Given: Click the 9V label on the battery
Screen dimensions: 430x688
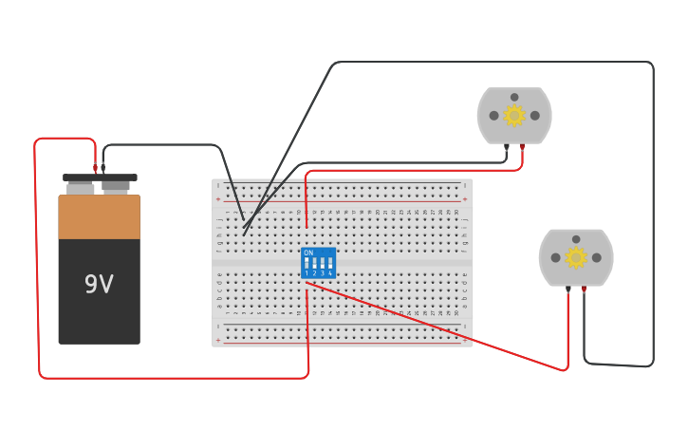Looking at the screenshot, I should coord(99,285).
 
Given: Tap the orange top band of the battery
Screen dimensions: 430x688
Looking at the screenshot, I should coord(99,216).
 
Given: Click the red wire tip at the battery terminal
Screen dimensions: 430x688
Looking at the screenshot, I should coord(95,168).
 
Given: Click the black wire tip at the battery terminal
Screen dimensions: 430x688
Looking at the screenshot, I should coord(103,168).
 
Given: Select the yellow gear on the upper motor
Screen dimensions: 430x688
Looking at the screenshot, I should coord(514,116).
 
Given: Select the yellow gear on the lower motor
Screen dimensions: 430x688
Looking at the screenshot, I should coord(576,257).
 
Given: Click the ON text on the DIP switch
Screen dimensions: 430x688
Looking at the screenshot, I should coord(308,252).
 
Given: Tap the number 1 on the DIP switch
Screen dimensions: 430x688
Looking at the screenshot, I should coord(307,273).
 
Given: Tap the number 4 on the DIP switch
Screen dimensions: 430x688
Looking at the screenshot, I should coord(330,273).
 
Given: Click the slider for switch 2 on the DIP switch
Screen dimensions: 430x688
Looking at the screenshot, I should coord(314,263).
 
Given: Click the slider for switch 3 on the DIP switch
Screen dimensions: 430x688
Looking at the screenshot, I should coord(323,263).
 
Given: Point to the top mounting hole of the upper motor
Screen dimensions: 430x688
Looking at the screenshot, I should coord(514,97).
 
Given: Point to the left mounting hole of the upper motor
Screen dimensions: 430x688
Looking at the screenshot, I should coord(493,116).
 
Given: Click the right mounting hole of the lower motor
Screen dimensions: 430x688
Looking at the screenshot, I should coord(597,257).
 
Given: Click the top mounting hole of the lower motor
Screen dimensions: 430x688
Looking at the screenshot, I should coord(576,239).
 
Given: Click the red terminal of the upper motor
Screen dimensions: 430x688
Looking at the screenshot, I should coord(522,147).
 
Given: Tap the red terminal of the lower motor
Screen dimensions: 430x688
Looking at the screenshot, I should coord(584,289).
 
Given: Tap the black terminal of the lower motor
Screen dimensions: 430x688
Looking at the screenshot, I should coord(568,289).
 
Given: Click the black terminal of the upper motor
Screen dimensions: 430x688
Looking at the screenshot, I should coord(507,147).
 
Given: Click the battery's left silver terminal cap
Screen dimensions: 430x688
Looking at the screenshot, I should coord(81,188).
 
